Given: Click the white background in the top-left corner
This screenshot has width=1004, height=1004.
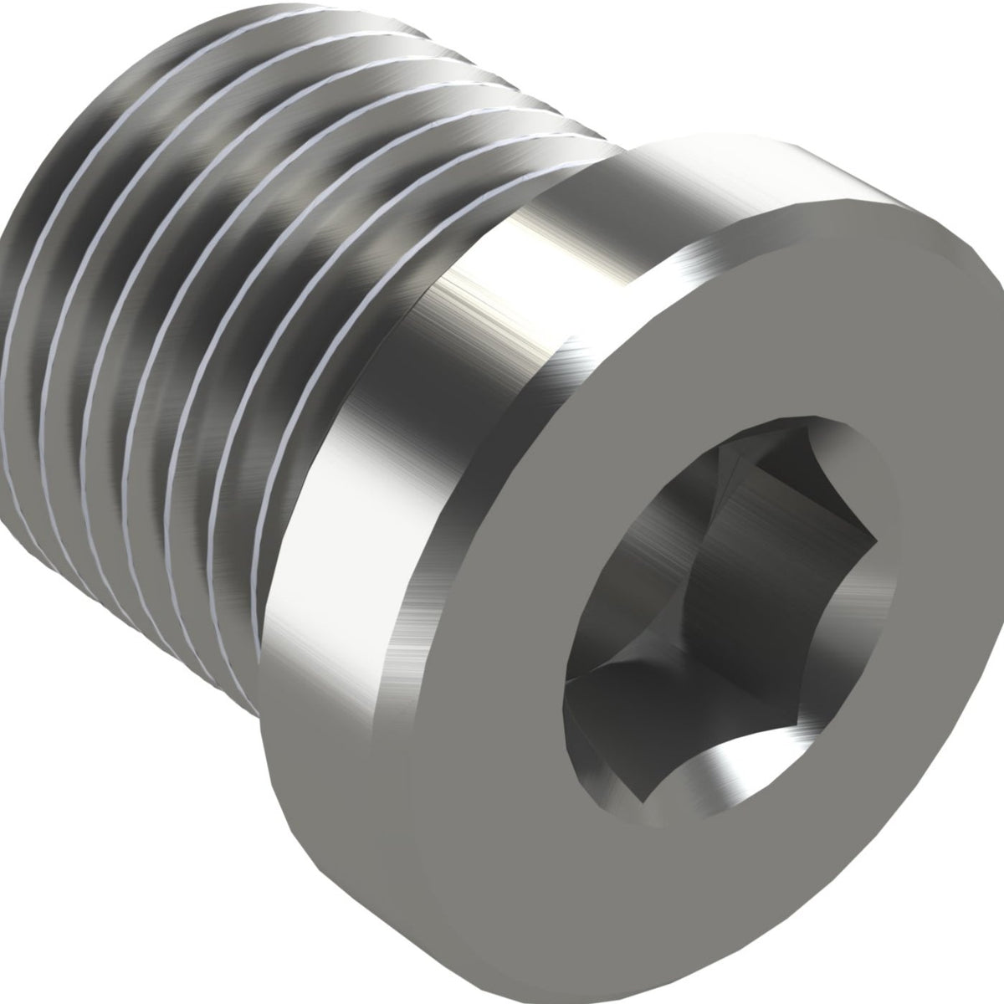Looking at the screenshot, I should tap(50, 42).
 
